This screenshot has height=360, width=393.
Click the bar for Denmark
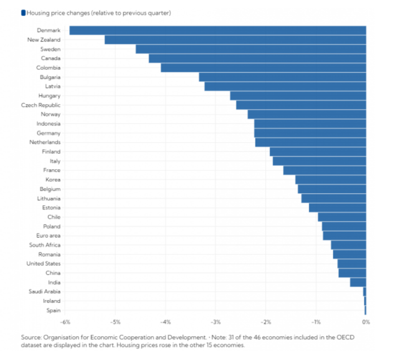point(217,30)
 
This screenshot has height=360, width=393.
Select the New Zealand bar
point(235,40)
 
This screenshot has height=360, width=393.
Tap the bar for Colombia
point(263,68)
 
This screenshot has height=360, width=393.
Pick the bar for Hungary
point(298,96)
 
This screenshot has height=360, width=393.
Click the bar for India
point(358,282)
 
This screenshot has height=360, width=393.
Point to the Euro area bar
point(344,236)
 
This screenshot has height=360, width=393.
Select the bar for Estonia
point(337,207)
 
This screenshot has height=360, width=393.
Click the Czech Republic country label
point(40,105)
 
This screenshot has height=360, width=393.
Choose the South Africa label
point(45,245)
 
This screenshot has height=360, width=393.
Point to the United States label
point(43,263)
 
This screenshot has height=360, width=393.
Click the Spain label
point(53,310)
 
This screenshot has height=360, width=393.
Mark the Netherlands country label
point(45,143)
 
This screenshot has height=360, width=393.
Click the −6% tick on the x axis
point(65,322)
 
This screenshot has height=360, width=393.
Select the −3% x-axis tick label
point(215,322)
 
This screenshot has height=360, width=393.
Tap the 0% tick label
point(366,322)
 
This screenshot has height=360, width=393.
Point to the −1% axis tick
point(316,322)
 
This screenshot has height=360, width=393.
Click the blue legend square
point(23,13)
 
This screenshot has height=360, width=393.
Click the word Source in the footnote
point(30,337)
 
